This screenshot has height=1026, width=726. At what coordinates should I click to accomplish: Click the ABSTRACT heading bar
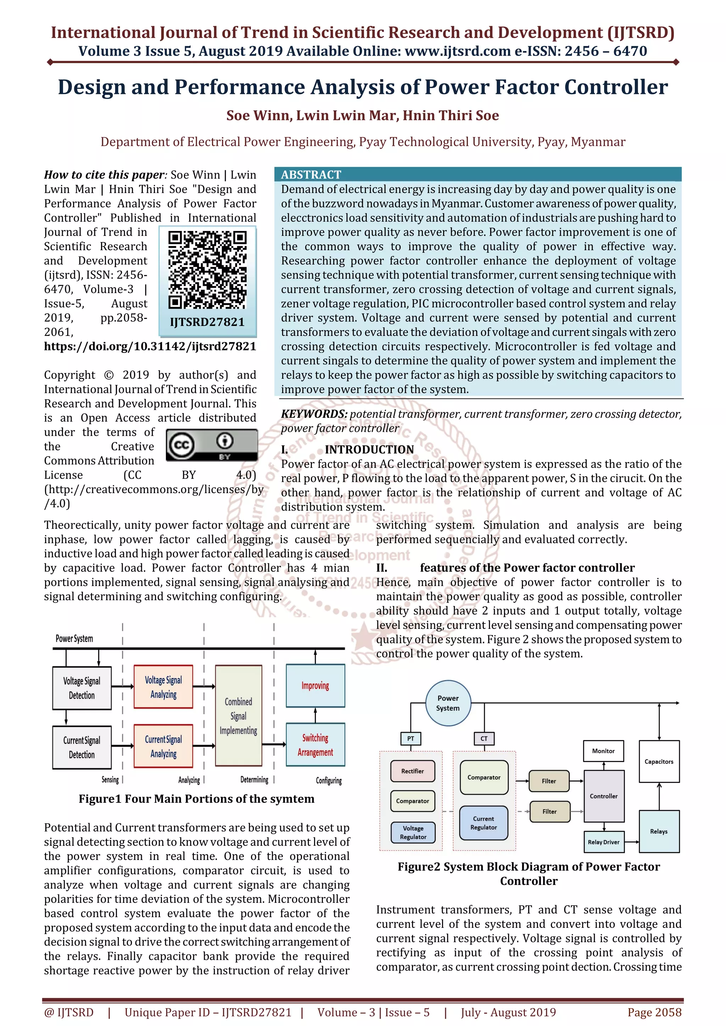point(478,174)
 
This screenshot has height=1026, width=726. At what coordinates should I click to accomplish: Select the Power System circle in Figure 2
point(448,703)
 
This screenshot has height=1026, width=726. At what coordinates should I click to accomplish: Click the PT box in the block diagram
point(411,739)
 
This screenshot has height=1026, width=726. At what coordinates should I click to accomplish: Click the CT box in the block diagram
point(484,739)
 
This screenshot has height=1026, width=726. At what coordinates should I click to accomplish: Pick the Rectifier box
point(412,771)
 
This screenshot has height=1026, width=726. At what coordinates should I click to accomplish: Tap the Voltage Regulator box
point(413,832)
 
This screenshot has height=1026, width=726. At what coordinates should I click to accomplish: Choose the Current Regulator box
point(483,823)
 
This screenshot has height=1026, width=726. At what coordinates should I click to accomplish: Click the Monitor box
point(603,751)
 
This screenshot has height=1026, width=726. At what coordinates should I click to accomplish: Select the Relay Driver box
point(603,842)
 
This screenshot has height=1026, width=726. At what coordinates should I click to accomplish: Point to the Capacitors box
point(659,761)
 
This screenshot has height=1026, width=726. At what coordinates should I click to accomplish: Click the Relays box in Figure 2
point(659,831)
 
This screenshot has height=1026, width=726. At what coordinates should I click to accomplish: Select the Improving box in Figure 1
point(315,686)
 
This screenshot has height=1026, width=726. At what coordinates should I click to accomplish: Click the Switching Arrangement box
point(315,745)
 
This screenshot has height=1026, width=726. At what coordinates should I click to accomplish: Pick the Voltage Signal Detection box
point(82,688)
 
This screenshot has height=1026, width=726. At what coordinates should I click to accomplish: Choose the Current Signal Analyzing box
point(163,746)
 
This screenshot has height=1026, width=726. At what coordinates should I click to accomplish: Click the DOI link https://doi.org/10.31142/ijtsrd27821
point(150,346)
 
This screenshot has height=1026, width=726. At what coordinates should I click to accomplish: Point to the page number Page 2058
point(654,1012)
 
